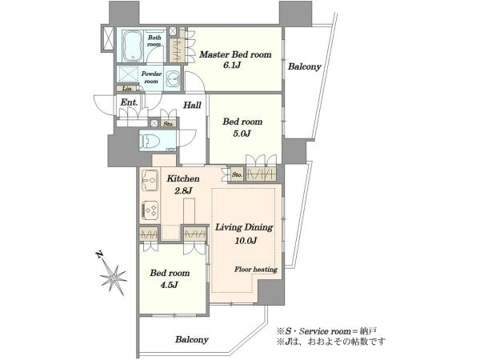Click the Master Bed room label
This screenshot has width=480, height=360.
pyautogui.click(x=235, y=54)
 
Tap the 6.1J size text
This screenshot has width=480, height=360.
pyautogui.click(x=231, y=66)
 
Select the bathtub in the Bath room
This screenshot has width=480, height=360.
pyautogui.click(x=132, y=46)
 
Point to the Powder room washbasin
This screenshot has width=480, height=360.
pyautogui.click(x=173, y=79)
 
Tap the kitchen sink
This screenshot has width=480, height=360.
pyautogui.click(x=150, y=180)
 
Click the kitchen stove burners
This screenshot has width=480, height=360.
pyautogui.click(x=150, y=210)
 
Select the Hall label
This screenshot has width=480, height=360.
pyautogui.click(x=192, y=106)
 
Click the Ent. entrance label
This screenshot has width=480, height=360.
pyautogui.click(x=129, y=102)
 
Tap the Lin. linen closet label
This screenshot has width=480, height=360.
pyautogui.click(x=128, y=89)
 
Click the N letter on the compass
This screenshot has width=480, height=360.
pyautogui.click(x=99, y=254)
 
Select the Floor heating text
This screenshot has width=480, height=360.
pyautogui.click(x=256, y=270)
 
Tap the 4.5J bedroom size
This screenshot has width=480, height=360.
pyautogui.click(x=169, y=285)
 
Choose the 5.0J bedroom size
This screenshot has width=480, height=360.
pyautogui.click(x=242, y=134)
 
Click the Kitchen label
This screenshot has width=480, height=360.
pyautogui.click(x=183, y=178)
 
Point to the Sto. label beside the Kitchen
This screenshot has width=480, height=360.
pyautogui.click(x=237, y=174)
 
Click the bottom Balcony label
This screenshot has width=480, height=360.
pyautogui.click(x=192, y=339)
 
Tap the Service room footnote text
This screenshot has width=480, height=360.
pyautogui.click(x=326, y=331)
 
